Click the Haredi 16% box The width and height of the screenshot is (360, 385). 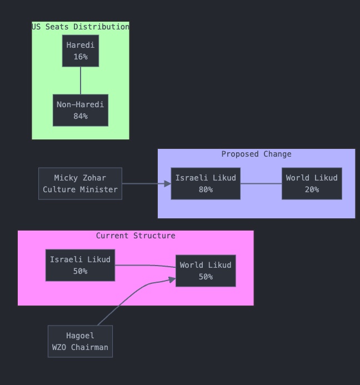point(81,51)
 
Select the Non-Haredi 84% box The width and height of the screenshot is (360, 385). point(81,111)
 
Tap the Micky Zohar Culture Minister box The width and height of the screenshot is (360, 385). point(80,183)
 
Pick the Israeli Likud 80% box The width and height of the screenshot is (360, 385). point(206,183)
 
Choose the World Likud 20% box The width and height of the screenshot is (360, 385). point(312,183)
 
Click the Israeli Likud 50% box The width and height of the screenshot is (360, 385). point(80,266)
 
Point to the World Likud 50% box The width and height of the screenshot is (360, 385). point(206,271)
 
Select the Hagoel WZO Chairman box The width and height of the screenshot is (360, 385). point(80,341)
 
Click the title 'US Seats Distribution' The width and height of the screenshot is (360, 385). point(81,27)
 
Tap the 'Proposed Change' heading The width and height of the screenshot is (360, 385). point(256,154)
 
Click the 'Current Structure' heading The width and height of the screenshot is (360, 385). point(136,236)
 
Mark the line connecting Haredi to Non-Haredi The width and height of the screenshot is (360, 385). point(81,81)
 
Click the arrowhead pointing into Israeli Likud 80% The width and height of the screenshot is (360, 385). point(168,183)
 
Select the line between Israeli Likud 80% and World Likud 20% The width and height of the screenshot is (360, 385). point(261,183)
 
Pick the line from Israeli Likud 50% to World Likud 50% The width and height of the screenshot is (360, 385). point(144,266)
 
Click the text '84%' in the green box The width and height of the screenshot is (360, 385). point(81,116)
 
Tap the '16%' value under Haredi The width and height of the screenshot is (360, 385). point(81,57)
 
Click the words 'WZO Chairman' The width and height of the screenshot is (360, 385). point(80,347)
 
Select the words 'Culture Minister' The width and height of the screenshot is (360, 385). point(80,189)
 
